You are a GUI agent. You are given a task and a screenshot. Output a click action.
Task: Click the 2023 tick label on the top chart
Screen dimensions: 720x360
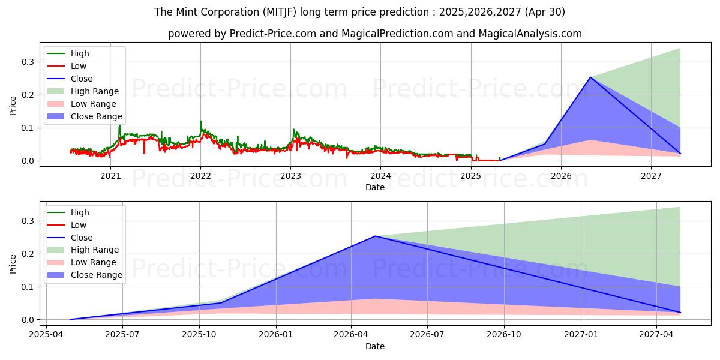(290, 176)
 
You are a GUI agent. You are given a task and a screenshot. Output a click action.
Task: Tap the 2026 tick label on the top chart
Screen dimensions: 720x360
(561, 176)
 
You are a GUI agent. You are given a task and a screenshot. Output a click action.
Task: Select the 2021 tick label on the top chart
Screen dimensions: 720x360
(110, 176)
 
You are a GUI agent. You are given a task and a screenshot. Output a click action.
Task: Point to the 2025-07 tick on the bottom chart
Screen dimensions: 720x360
(122, 335)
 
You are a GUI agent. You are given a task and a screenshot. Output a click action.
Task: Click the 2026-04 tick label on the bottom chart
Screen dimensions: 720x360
(351, 335)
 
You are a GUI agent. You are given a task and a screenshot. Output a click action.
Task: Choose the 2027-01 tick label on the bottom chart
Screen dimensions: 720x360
(581, 335)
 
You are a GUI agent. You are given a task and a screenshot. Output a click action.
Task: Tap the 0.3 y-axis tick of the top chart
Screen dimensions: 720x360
(28, 62)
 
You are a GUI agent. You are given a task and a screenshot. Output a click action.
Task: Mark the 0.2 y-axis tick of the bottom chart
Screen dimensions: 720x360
(28, 254)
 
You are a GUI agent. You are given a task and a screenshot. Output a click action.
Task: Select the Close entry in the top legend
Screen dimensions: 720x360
(70, 79)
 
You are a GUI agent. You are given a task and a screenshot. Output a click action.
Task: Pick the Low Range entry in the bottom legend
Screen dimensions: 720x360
(82, 262)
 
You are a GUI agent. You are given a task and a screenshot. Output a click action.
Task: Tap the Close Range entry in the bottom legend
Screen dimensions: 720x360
(85, 275)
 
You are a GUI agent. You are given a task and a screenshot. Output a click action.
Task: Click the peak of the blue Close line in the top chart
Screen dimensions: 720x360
(590, 77)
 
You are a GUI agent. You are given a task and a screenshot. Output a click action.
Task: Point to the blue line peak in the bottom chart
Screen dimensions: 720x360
(375, 236)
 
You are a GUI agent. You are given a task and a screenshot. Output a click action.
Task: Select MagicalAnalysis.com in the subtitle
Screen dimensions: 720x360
(530, 34)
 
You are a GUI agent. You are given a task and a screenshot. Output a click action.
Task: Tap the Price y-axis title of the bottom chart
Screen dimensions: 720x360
(13, 264)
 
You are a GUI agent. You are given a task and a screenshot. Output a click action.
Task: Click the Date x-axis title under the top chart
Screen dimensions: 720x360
(375, 187)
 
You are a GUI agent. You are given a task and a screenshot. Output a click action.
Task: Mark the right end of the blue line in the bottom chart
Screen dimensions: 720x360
(680, 313)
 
